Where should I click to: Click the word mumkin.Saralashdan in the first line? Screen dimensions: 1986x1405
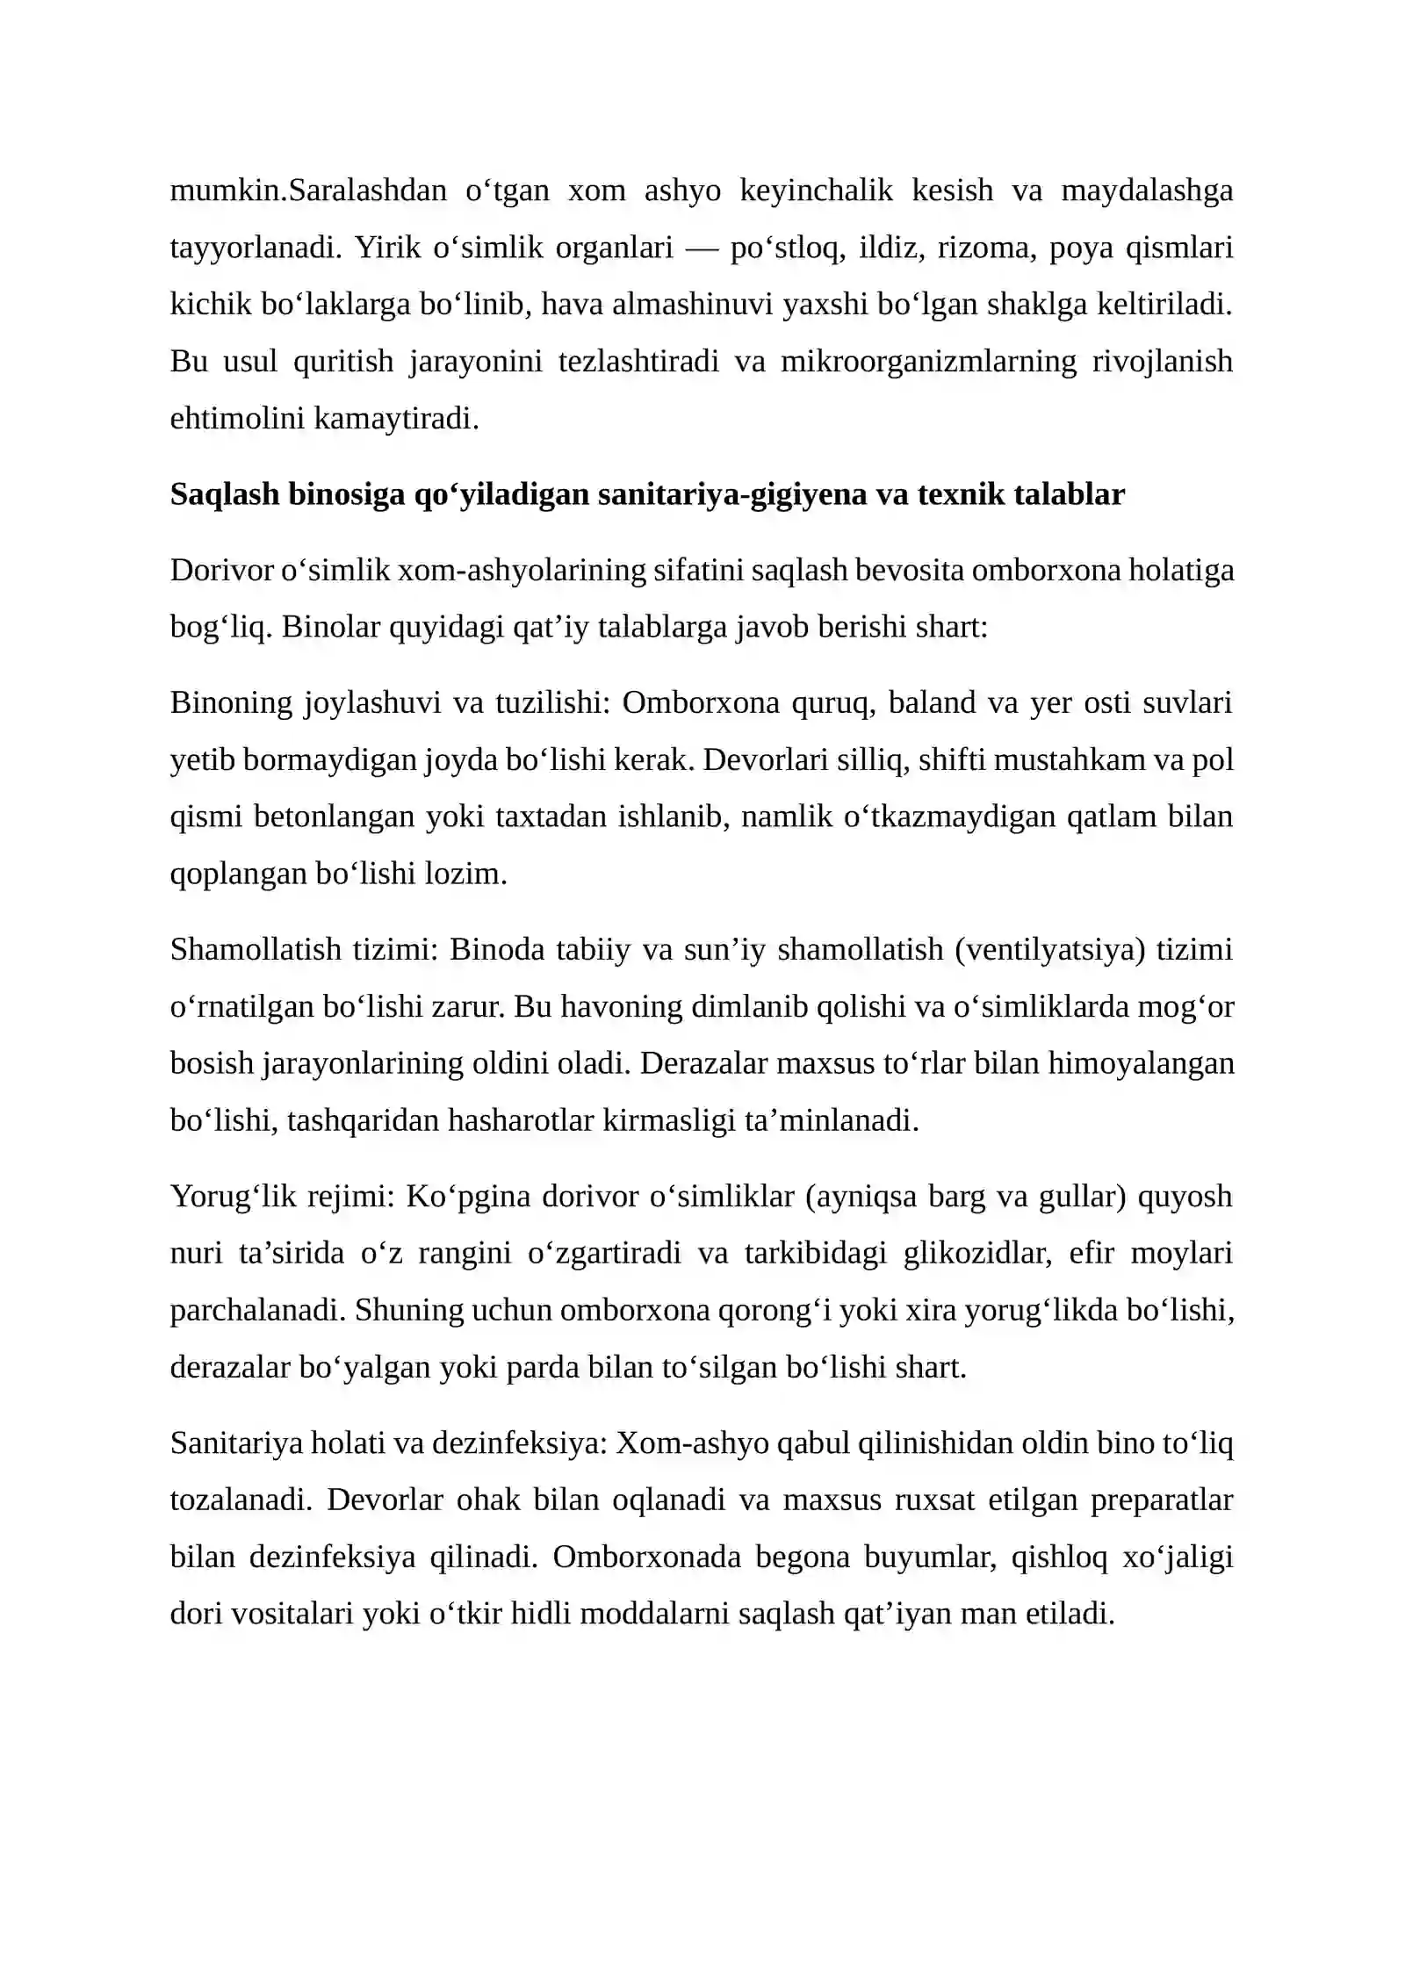(x=308, y=191)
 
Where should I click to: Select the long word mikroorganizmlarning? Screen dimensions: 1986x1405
(x=928, y=362)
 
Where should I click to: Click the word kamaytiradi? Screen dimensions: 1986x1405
(x=396, y=419)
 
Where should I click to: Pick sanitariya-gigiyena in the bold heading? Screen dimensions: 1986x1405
(x=742, y=495)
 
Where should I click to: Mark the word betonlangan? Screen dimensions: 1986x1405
(x=335, y=817)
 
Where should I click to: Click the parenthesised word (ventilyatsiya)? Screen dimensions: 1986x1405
(x=1050, y=949)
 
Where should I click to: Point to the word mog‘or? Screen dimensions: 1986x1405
(x=1185, y=1006)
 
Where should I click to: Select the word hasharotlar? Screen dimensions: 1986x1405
(x=522, y=1120)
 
